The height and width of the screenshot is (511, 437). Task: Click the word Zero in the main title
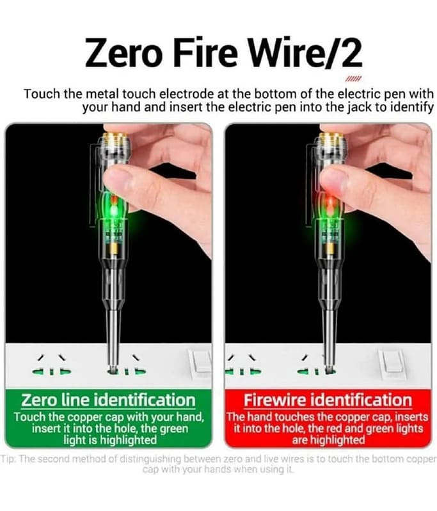[124, 53]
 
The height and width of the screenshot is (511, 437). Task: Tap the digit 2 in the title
[349, 53]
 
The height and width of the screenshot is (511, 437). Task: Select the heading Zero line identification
[108, 400]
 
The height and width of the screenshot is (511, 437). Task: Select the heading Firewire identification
[328, 400]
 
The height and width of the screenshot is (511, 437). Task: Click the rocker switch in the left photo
[202, 361]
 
